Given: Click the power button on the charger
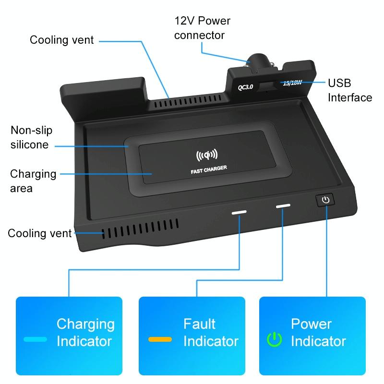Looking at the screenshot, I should pyautogui.click(x=326, y=200).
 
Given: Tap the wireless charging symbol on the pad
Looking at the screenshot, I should pyautogui.click(x=207, y=155).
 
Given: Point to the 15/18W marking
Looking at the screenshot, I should pyautogui.click(x=292, y=83).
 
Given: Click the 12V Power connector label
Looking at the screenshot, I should pyautogui.click(x=202, y=28).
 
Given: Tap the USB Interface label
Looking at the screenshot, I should pyautogui.click(x=349, y=89).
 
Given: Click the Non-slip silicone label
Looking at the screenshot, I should pyautogui.click(x=31, y=137).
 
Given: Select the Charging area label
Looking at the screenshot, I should pyautogui.click(x=33, y=180).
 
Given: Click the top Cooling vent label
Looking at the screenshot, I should pyautogui.click(x=62, y=39).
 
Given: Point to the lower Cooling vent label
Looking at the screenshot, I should pyautogui.click(x=39, y=234).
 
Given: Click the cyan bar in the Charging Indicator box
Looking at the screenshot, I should pyautogui.click(x=35, y=339).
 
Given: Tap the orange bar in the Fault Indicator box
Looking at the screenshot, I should pyautogui.click(x=160, y=339).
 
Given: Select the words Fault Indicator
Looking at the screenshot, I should pyautogui.click(x=211, y=333).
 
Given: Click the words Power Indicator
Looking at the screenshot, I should pyautogui.click(x=318, y=333).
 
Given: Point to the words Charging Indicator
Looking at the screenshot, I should pyautogui.click(x=85, y=333).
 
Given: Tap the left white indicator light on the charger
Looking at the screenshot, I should pyautogui.click(x=240, y=211).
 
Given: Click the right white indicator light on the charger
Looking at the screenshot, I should pyautogui.click(x=283, y=206).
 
